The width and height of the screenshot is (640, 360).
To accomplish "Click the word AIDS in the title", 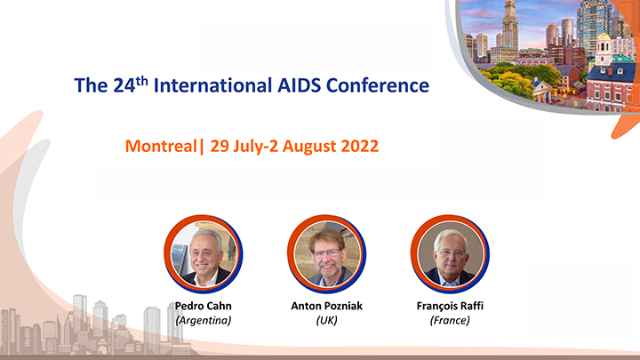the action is click(299, 85).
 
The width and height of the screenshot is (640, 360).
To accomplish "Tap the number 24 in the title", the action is click(124, 85).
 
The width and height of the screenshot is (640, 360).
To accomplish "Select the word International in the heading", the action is click(212, 85).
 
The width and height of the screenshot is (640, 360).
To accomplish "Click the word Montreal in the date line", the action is click(161, 146).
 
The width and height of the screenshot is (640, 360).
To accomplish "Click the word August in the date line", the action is click(309, 147).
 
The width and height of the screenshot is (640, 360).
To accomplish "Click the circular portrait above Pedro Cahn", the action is click(204, 254).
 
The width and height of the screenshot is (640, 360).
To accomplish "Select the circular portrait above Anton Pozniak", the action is click(326, 254).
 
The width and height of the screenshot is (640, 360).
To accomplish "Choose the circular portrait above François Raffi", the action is click(450, 254).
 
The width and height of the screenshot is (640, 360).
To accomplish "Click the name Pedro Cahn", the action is click(204, 306).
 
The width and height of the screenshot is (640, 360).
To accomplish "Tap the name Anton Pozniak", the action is click(326, 306).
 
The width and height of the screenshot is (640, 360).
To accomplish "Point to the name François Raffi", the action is click(450, 306).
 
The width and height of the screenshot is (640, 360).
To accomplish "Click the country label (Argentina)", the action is click(204, 320).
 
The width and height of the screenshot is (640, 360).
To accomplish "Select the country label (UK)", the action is click(326, 320).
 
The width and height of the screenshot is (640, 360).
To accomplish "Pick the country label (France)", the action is click(450, 320).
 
